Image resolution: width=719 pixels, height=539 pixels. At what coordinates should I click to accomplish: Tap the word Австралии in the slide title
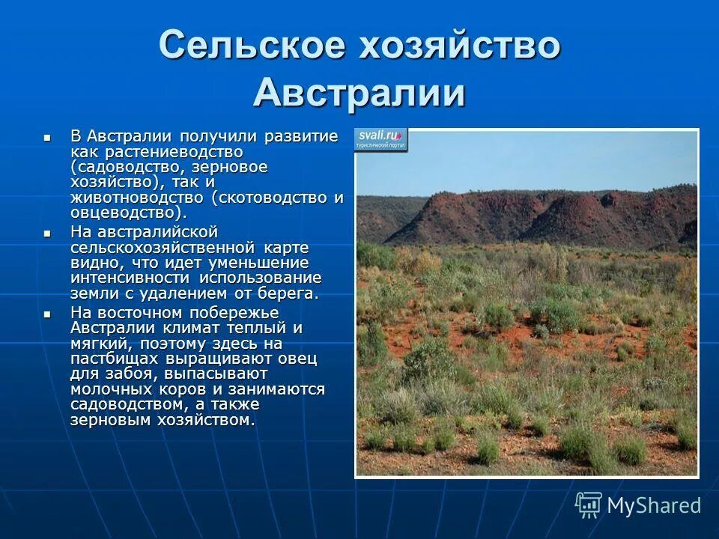359,94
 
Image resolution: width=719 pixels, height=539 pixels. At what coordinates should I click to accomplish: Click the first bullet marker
47,138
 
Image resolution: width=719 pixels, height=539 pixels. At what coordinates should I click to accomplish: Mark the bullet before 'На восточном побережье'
47,314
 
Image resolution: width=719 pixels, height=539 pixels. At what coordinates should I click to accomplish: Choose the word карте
287,247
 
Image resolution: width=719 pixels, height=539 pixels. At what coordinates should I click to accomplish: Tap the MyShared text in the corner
653,505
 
